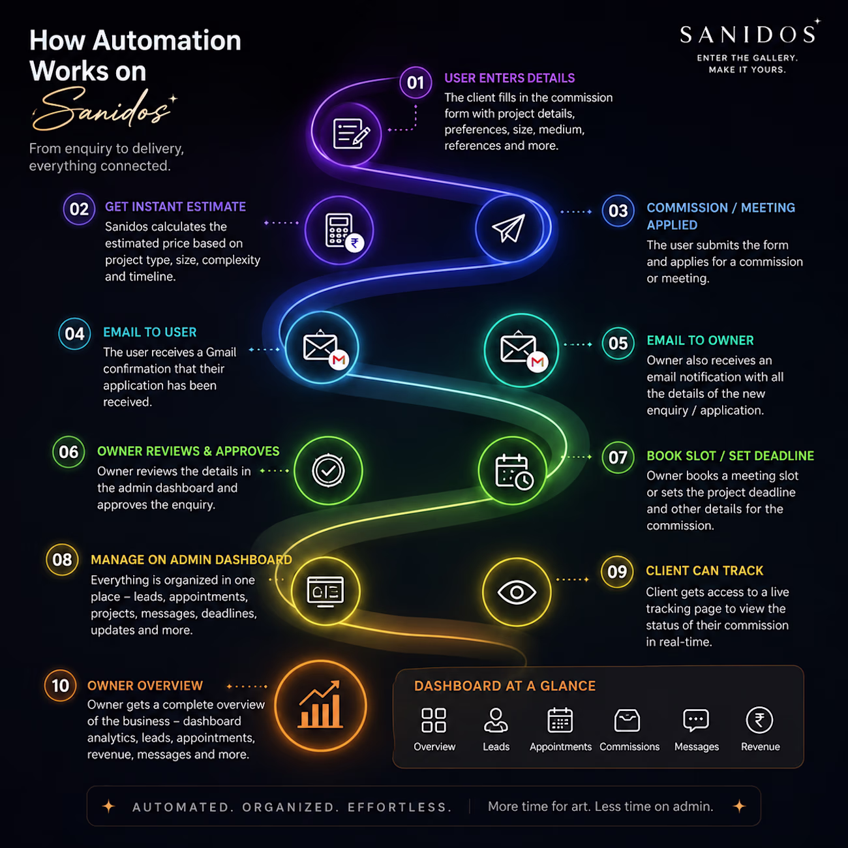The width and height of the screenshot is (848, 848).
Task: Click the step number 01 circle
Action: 416,83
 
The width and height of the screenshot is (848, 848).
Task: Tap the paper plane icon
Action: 509,228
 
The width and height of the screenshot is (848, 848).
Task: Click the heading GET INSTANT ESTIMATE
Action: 175,207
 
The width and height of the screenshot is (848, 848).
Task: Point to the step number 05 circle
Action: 618,343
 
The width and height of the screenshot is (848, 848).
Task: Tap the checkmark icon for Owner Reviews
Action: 328,471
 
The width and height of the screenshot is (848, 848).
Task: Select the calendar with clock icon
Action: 514,472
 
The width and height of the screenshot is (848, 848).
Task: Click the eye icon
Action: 517,592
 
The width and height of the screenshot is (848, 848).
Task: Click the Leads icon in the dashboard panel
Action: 496,720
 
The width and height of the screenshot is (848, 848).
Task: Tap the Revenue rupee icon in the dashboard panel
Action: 759,720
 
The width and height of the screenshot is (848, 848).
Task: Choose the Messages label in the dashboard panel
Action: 697,747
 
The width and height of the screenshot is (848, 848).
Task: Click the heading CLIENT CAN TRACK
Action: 704,571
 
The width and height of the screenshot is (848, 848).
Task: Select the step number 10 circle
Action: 60,686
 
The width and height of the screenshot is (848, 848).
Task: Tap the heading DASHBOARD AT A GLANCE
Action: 505,686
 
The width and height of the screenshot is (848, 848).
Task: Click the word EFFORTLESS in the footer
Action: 400,807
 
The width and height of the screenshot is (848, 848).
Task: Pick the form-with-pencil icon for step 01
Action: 351,134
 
